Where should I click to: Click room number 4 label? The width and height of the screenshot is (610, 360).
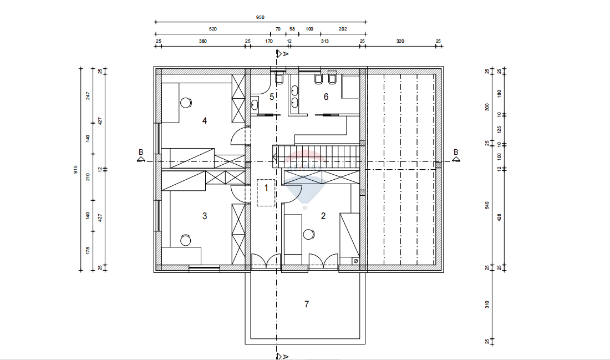pos(205,121)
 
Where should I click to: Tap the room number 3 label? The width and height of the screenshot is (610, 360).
pos(205,216)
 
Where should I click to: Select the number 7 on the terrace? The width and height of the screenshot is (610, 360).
pos(307,304)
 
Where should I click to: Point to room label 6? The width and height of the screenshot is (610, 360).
pos(326,97)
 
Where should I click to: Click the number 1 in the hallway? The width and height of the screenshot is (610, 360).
pos(267,188)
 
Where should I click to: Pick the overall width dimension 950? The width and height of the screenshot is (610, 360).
pos(260,17)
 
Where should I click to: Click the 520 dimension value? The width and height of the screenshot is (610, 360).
pos(213,29)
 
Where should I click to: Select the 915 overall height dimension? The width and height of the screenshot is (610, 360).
pos(75,169)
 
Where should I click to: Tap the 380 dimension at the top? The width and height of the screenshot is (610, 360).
pos(202,41)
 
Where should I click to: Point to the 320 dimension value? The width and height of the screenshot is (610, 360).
pos(400,41)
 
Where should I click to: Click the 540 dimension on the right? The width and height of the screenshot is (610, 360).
pos(487,205)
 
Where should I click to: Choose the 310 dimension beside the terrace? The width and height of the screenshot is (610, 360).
pos(487,305)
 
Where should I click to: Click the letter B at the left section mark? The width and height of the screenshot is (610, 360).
pos(141,153)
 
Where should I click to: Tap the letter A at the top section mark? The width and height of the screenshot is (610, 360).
pos(286,54)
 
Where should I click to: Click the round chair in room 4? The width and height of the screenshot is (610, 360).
pos(186,103)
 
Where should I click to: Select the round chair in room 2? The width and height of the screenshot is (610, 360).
pos(308,234)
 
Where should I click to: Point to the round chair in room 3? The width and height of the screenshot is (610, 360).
pos(186,241)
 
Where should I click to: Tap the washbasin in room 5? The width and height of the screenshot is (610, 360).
pos(255,104)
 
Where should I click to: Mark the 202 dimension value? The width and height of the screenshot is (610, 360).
pos(343,29)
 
